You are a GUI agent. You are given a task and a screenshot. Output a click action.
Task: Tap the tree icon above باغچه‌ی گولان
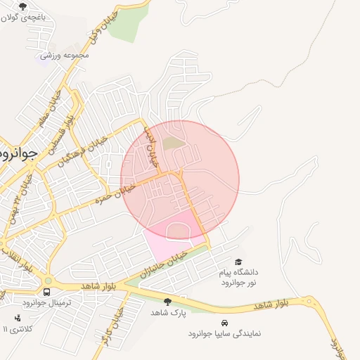click(x=22, y=7)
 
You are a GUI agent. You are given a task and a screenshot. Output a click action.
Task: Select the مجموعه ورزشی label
click(x=64, y=54)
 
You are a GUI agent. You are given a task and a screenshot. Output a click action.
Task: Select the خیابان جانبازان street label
click(x=162, y=262)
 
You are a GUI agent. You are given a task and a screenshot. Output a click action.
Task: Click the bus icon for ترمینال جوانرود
click(x=46, y=292)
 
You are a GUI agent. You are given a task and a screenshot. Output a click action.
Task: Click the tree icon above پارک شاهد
click(x=167, y=302)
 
